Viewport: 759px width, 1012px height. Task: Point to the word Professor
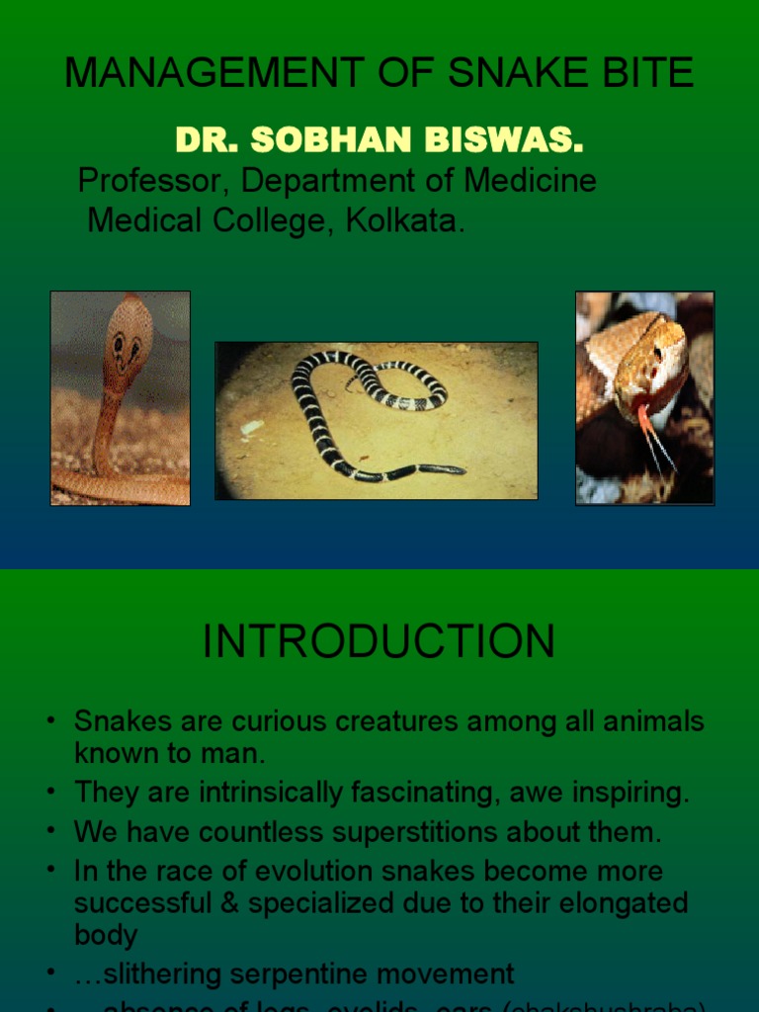[154, 181]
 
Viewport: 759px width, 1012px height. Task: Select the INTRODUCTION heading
[379, 642]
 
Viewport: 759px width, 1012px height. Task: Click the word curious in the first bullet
[270, 721]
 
